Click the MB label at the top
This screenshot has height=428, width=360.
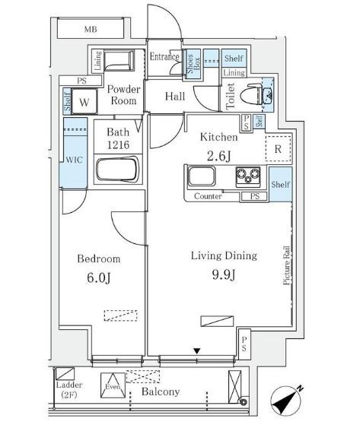tap(91, 29)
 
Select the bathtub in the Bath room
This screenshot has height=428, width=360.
tap(117, 169)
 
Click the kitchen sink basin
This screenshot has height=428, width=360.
tap(202, 176)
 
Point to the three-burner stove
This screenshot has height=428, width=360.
tap(248, 176)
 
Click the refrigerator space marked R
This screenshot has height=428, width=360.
tap(278, 149)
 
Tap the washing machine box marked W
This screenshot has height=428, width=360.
tap(84, 102)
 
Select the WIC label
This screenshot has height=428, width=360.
tap(74, 160)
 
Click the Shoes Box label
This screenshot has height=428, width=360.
tap(193, 64)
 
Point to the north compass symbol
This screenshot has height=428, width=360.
tap(286, 401)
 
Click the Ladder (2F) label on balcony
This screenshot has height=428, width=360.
tap(69, 389)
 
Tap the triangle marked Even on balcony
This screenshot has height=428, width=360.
tap(113, 385)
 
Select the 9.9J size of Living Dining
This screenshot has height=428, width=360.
tap(224, 275)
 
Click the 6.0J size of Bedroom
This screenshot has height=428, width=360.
tap(99, 278)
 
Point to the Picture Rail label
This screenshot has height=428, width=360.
tap(286, 265)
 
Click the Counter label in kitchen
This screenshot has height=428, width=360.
tap(208, 196)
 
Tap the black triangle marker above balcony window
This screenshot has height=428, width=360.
tap(197, 351)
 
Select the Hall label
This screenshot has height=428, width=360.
tap(175, 96)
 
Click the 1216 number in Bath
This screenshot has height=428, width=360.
tap(118, 144)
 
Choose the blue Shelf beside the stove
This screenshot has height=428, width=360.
tap(281, 184)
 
